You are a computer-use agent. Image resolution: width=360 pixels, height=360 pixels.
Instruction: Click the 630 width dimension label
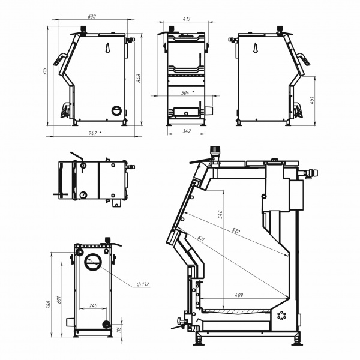point(92,17)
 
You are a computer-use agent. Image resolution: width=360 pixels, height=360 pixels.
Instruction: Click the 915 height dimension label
point(44,71)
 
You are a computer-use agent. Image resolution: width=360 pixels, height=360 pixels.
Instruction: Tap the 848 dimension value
point(139,78)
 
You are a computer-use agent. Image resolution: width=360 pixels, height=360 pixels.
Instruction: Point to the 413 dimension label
point(187,19)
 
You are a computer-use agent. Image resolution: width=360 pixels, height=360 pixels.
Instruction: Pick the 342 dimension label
point(187,131)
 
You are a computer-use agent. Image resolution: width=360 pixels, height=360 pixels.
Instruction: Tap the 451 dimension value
point(312,100)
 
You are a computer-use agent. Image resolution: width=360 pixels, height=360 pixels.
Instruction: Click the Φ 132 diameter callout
point(143,284)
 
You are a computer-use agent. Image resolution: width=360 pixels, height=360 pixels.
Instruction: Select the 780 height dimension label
point(48,304)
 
